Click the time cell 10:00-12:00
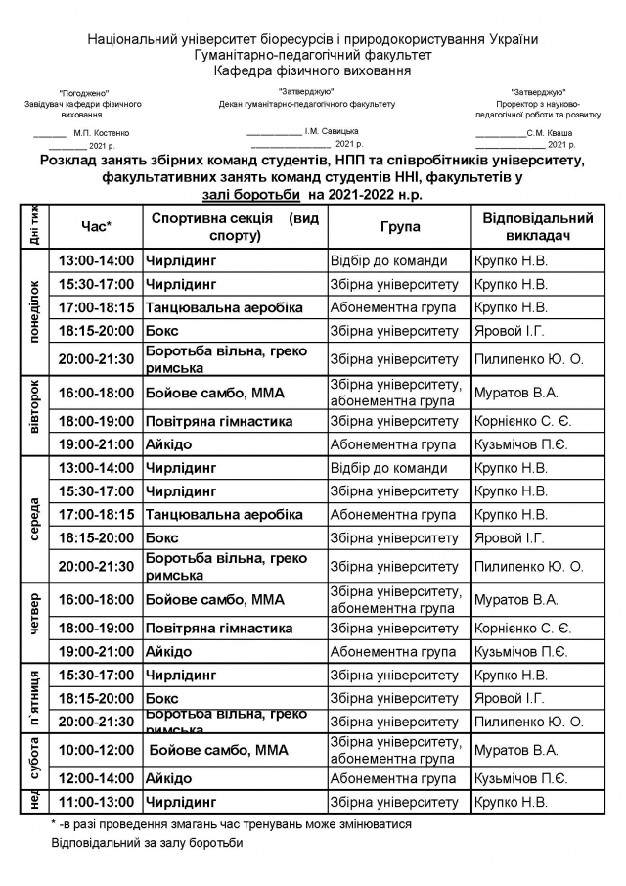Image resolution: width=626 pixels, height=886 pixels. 96,750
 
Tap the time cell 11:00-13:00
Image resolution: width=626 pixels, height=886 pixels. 96,802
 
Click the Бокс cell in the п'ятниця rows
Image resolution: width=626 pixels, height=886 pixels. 162,699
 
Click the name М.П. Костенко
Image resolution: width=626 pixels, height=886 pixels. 101,132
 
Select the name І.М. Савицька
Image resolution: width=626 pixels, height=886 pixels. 331,130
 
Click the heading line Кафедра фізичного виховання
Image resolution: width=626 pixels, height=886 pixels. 313,70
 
